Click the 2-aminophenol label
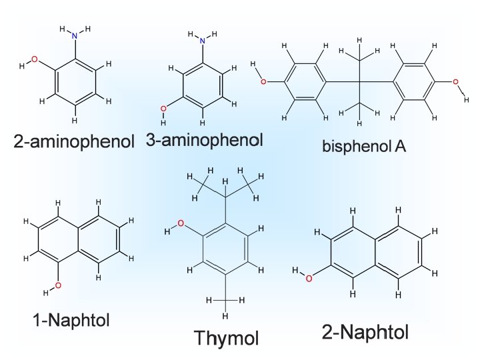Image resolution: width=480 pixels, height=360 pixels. click(74, 141)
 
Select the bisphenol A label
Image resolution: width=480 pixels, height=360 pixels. click(364, 145)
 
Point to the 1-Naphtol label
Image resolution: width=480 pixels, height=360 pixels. click(71, 320)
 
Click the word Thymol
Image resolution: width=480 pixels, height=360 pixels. click(226, 337)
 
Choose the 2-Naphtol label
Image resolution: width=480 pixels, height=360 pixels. click(366, 331)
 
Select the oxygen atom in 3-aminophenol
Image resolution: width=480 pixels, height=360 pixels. click(164, 107)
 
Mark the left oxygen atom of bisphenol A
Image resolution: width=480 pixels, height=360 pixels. click(263, 82)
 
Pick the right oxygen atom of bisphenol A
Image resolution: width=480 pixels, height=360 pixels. click(456, 82)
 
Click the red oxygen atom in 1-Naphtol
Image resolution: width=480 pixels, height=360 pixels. click(58, 285)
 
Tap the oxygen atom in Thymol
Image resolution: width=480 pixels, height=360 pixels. click(179, 225)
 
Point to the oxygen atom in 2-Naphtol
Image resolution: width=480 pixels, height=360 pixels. click(309, 277)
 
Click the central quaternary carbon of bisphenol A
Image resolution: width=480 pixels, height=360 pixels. click(360, 82)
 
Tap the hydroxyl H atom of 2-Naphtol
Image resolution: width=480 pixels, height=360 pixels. click(295, 271)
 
